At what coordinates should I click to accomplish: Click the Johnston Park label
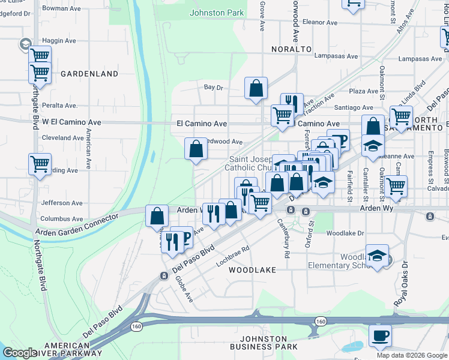tap(217, 12)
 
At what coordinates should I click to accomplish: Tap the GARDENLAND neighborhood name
tap(89, 74)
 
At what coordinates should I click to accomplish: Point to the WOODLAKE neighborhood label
tap(252, 270)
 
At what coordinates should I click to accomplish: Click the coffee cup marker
tap(381, 335)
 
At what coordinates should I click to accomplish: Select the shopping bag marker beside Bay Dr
tap(256, 88)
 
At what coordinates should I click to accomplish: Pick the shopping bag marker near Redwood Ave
tap(196, 148)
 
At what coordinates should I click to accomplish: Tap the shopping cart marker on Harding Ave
tap(40, 163)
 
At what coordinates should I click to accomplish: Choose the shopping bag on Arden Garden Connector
tap(157, 215)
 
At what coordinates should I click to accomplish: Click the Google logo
tap(20, 353)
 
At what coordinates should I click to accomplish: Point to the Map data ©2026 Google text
tap(411, 355)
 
